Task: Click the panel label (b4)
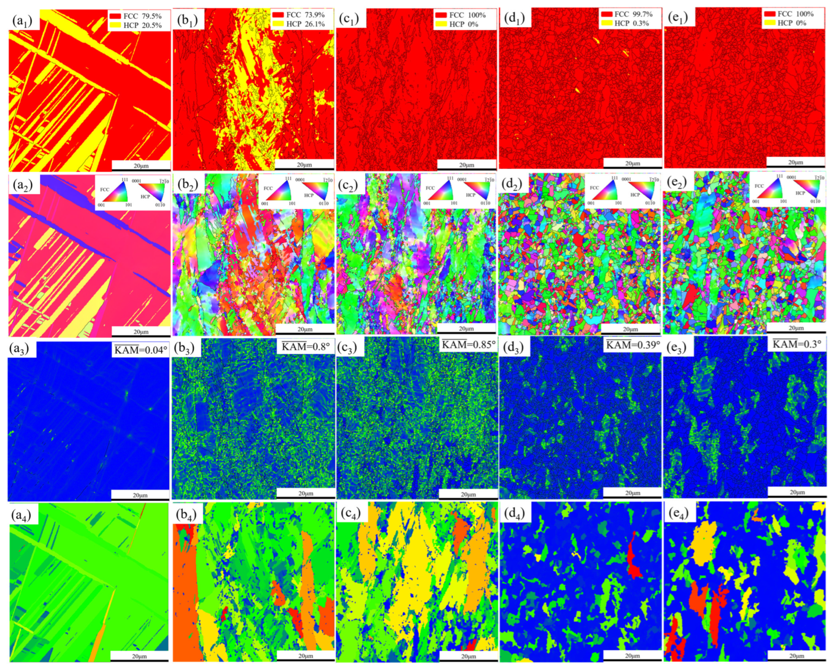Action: (x=188, y=514)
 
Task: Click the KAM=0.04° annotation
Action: (x=141, y=350)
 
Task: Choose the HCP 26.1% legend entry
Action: (x=299, y=24)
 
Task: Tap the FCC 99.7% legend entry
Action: (x=627, y=14)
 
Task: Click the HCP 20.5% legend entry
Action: (x=135, y=26)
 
